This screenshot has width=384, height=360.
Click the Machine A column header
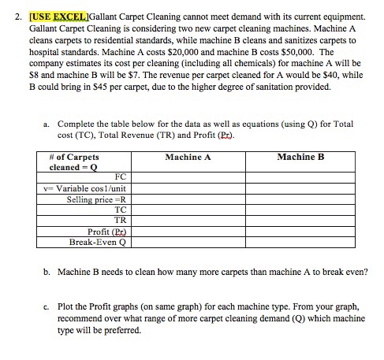pos(188,157)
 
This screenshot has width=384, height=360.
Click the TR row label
pos(120,221)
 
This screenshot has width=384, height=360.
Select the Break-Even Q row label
pos(98,242)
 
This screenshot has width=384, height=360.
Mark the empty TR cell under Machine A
pos(188,221)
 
